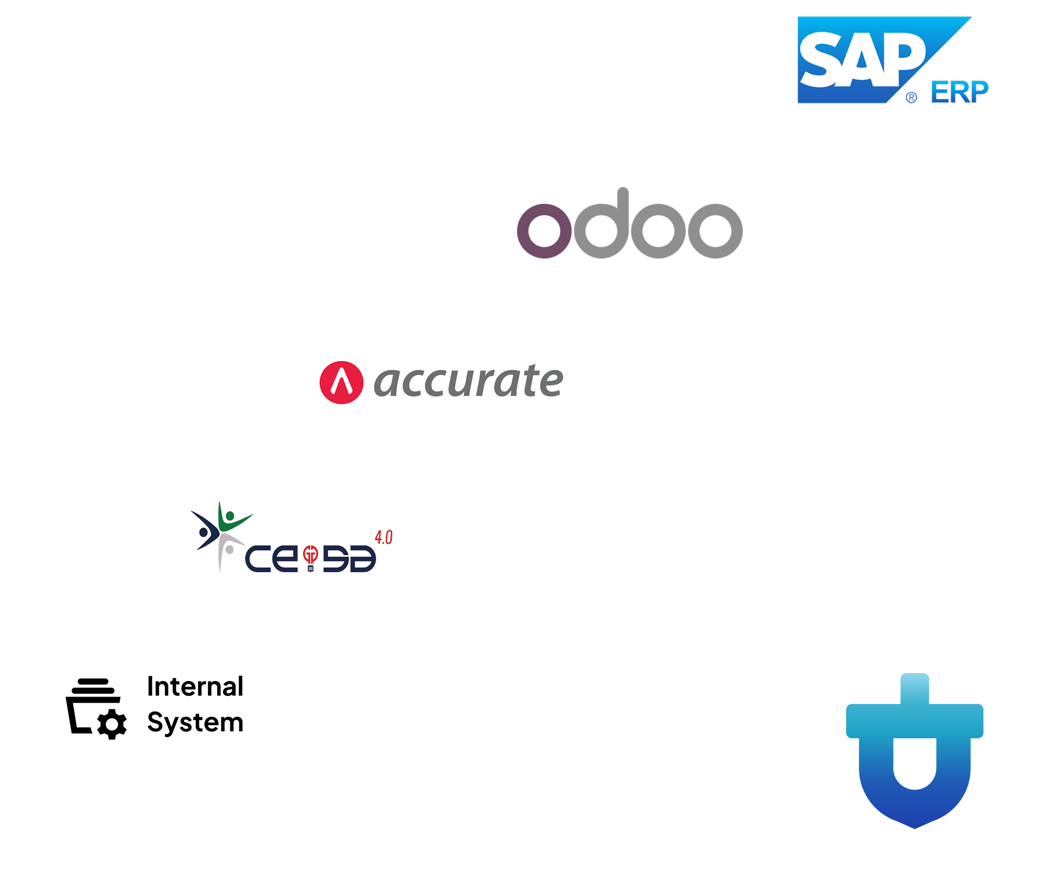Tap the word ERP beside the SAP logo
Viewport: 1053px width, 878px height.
tap(959, 92)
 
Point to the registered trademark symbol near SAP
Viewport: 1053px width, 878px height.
tap(912, 97)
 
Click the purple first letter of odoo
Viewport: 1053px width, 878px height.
tap(544, 231)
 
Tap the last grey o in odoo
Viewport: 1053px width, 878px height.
tap(715, 231)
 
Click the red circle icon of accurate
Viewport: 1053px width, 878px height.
tap(341, 383)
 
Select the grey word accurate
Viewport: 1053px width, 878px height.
tap(468, 381)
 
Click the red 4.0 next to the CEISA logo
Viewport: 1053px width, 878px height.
tap(384, 538)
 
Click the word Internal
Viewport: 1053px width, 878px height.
tap(195, 686)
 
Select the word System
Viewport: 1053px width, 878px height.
tap(195, 723)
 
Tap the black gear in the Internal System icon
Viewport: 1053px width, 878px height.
tap(112, 724)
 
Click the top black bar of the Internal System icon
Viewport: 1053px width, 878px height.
tap(93, 681)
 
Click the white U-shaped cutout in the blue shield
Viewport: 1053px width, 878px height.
tap(915, 762)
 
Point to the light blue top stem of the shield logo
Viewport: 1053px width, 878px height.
tap(915, 689)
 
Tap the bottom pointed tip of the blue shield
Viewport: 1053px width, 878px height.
tap(915, 828)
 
